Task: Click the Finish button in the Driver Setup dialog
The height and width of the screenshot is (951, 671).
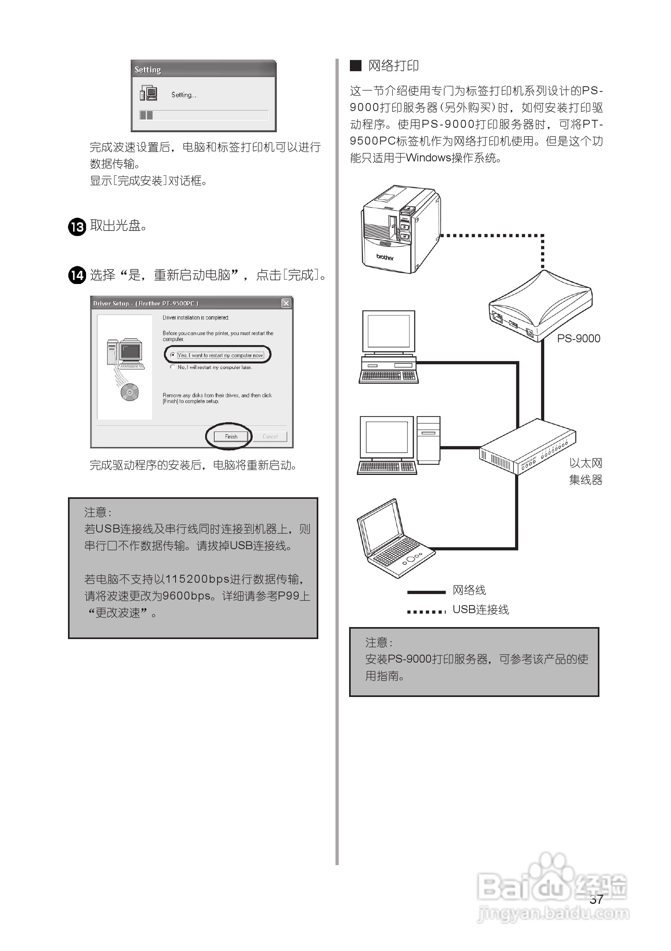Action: [x=231, y=436]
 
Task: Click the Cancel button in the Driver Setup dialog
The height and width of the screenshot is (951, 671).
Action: [x=270, y=436]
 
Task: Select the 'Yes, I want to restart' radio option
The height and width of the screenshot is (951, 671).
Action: [x=172, y=355]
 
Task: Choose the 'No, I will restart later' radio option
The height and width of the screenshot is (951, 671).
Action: [x=172, y=367]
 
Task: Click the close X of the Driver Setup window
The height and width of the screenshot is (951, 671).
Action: [x=286, y=303]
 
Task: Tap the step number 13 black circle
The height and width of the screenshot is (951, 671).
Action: [x=77, y=226]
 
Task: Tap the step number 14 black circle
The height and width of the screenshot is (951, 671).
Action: [x=77, y=276]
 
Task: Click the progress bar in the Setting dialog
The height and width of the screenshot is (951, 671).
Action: [x=204, y=115]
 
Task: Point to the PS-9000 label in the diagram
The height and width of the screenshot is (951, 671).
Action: [x=578, y=338]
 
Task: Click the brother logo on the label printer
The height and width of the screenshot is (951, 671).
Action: [x=384, y=257]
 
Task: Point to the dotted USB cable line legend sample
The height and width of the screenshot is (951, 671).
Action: [x=426, y=611]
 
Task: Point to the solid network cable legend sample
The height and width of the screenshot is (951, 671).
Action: [x=426, y=592]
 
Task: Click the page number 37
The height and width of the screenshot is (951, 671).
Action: [x=596, y=899]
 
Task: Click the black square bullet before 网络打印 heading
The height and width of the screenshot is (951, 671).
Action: [x=355, y=66]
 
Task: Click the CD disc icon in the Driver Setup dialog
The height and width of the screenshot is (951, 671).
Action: [x=130, y=392]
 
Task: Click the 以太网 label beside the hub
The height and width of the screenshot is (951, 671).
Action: [x=585, y=463]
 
